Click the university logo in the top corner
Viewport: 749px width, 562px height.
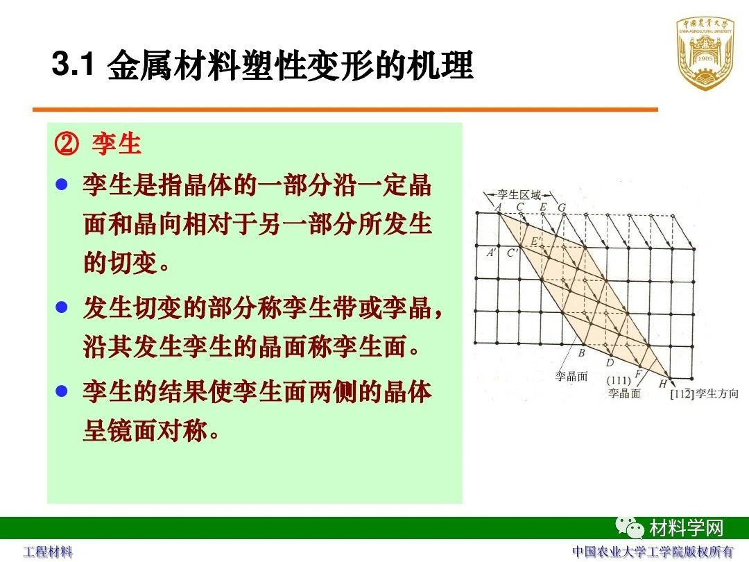coord(705,53)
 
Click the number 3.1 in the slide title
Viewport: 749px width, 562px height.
coord(73,64)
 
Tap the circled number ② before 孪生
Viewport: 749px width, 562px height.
coord(67,144)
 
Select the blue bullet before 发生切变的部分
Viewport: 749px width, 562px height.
coord(62,307)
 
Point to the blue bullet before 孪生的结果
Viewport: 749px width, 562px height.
coord(62,391)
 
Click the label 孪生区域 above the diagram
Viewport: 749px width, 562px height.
coord(519,194)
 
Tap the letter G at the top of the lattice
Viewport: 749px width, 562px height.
coord(562,208)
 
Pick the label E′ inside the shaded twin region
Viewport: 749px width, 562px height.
coord(536,241)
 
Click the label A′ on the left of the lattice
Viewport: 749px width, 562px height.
coord(491,253)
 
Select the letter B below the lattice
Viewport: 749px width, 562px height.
coord(581,353)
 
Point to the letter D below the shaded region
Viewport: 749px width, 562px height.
coord(610,363)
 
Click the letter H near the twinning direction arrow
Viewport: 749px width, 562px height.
coord(662,384)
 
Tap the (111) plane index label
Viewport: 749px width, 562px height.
coord(619,381)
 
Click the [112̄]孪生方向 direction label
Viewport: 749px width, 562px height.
coord(704,394)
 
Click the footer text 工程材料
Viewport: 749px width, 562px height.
coord(49,552)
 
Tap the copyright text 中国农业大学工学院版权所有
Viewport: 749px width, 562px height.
coord(653,552)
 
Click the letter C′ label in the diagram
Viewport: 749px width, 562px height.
coord(513,253)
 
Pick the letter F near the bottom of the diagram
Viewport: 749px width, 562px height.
coord(638,373)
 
